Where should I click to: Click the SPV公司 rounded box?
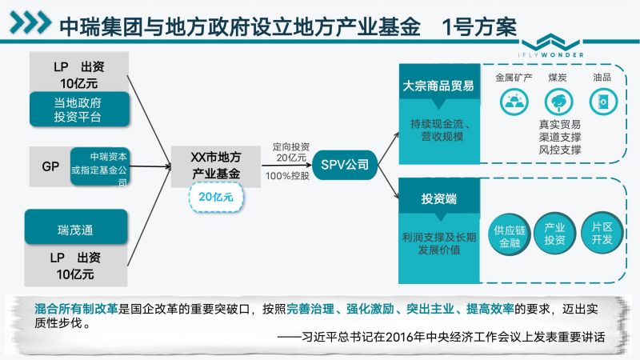pos(345,165)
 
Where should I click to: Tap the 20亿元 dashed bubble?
pos(216,197)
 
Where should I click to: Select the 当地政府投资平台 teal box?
pos(79,110)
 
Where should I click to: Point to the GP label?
pos(50,166)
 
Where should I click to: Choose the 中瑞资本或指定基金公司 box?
pos(100,166)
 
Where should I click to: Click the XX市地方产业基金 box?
pos(215,166)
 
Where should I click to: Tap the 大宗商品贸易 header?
pos(439,85)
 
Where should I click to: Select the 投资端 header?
pos(439,198)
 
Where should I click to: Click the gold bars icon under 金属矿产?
pos(514,102)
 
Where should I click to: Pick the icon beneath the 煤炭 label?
pos(558,102)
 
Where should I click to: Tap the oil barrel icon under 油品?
pos(603,102)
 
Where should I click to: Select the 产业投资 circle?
pos(554,234)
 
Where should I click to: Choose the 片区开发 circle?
pos(602,233)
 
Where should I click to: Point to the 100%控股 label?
pos(287,176)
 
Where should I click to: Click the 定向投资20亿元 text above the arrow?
pos(291,152)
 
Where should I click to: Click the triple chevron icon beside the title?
pos(30,22)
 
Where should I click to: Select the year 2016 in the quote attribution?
pos(398,337)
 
